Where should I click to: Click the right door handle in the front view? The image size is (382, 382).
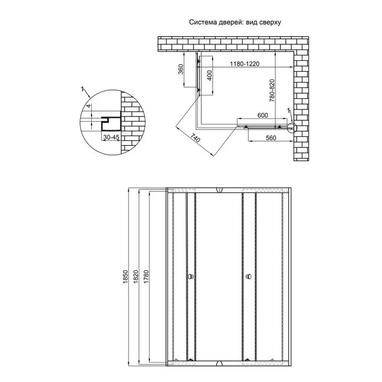coord(248,277)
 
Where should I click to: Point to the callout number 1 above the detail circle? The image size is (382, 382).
coord(81,89)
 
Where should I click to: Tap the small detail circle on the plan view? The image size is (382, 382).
coord(292,127)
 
